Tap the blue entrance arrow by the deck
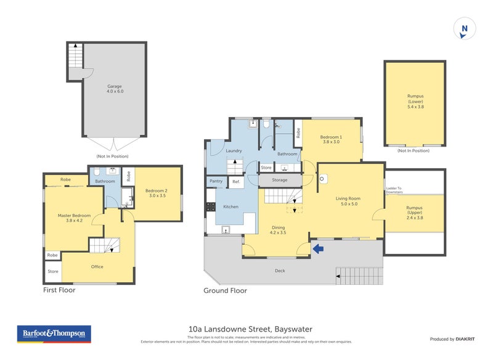coord(318,248)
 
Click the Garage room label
coord(115,89)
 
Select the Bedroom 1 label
coord(332,139)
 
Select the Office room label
coord(97,266)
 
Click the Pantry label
coord(216,181)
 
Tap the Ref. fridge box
coord(236,181)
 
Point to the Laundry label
coord(234,150)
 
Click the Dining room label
coord(278,230)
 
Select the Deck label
coord(280,270)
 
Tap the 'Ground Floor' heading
coord(226,290)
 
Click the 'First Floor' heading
coord(59,290)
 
